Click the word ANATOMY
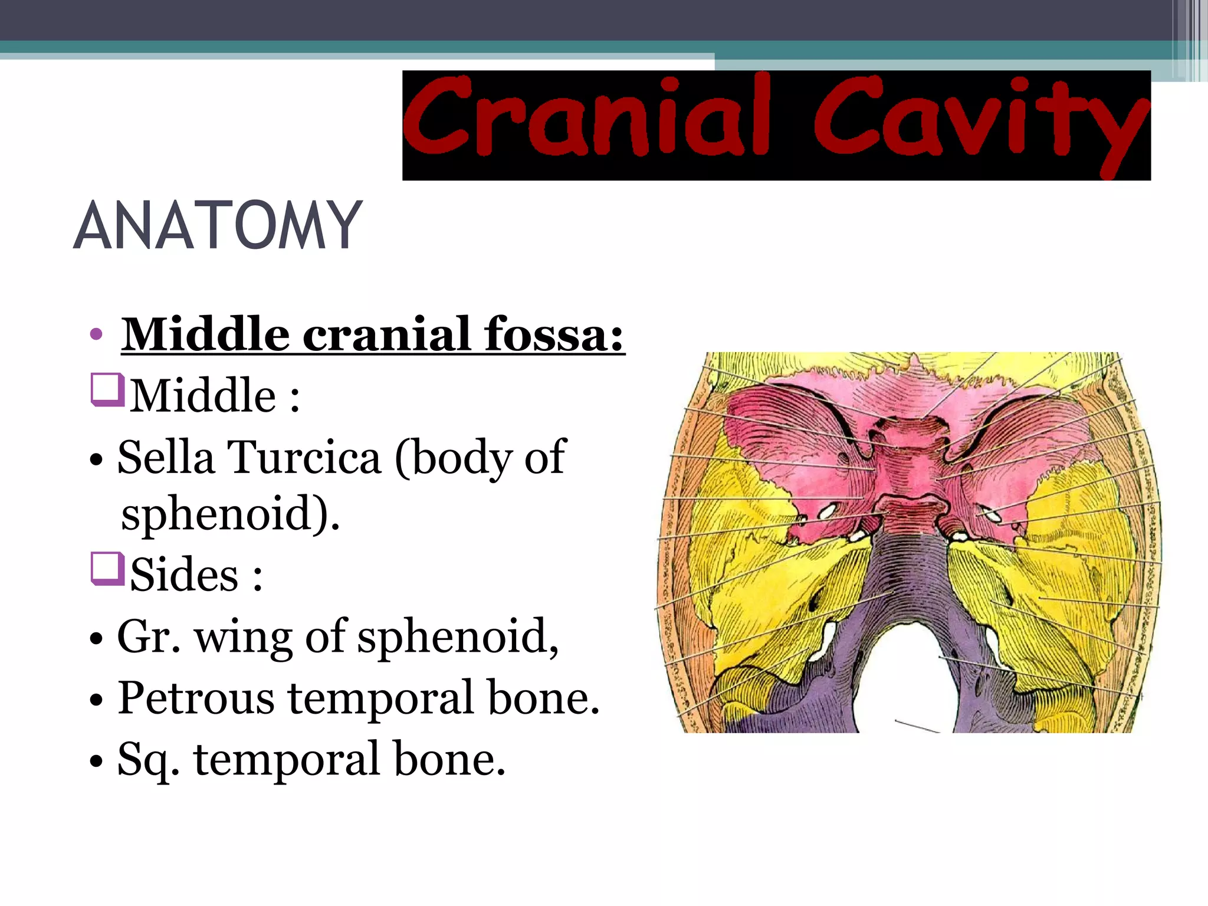(x=217, y=225)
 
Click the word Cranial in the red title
(x=587, y=118)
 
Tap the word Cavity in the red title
(x=980, y=121)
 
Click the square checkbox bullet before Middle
(x=107, y=390)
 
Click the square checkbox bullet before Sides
(x=107, y=569)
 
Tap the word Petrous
(x=196, y=698)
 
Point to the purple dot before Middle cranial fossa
(x=96, y=335)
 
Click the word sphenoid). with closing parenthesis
(x=230, y=513)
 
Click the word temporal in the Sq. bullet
(x=287, y=760)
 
